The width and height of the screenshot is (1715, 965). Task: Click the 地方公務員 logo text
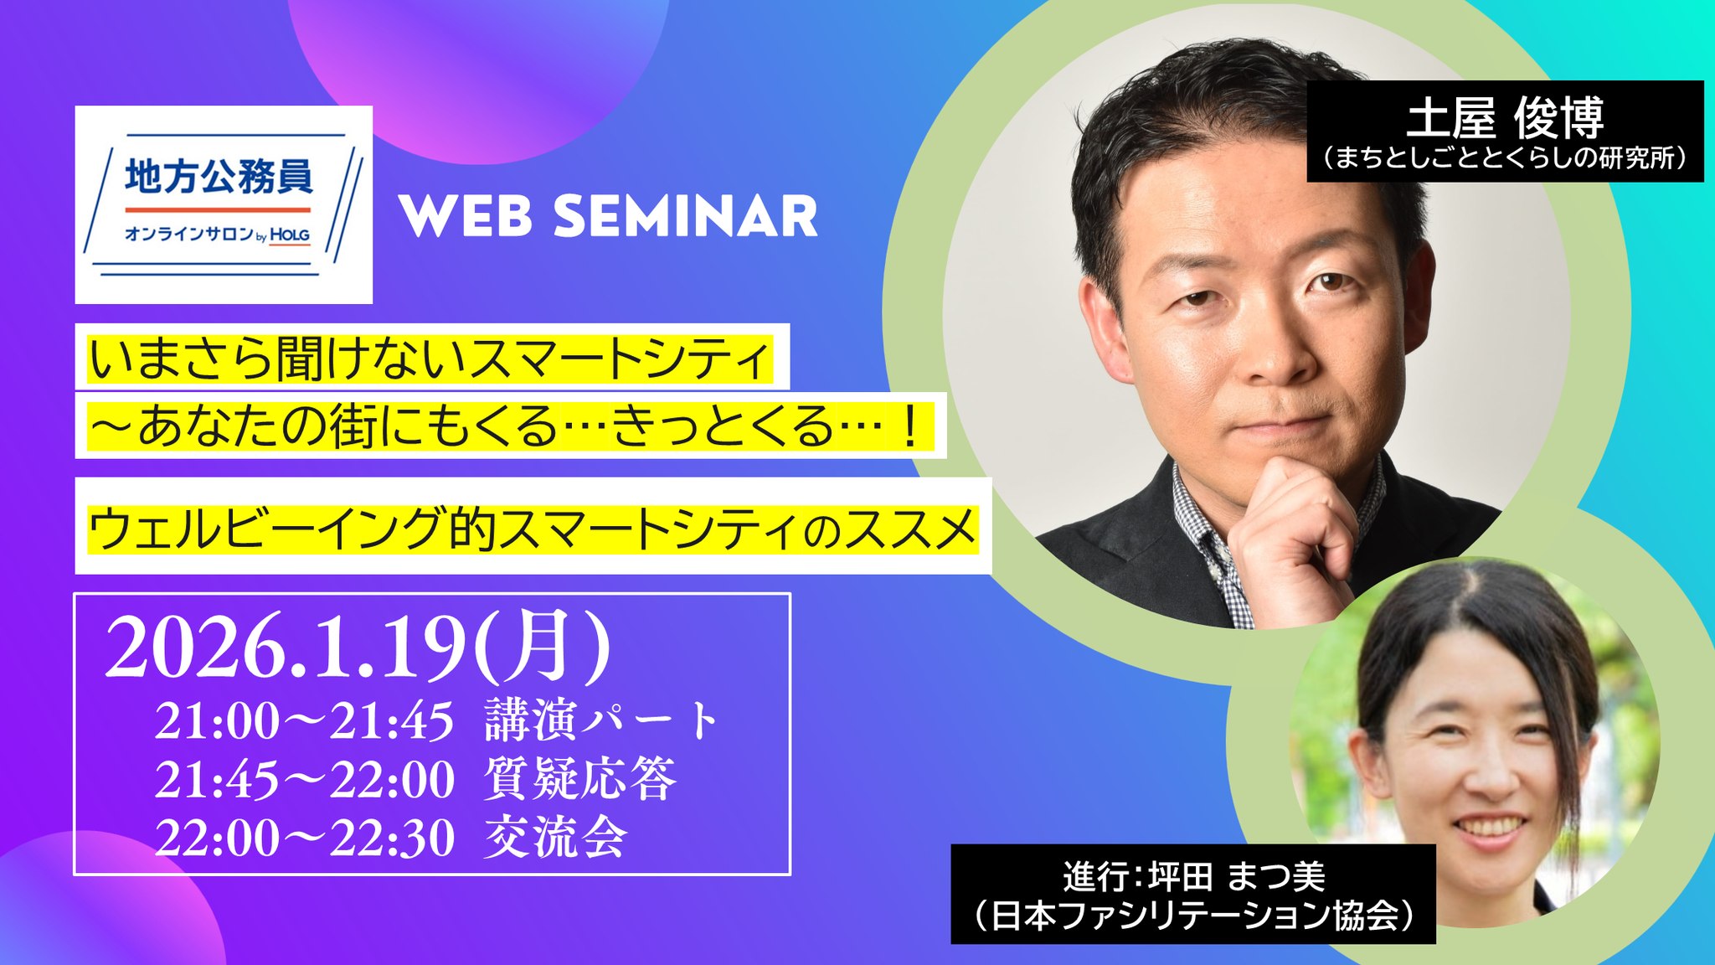[219, 178]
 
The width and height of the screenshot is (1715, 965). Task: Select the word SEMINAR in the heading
[685, 216]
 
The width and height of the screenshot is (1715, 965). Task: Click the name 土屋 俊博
[1505, 118]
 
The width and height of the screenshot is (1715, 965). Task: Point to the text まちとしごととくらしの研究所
[1505, 157]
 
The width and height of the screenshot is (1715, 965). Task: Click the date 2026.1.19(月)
[358, 646]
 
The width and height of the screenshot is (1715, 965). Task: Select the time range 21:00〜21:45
[304, 721]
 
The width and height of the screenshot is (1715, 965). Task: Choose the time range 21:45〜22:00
[304, 780]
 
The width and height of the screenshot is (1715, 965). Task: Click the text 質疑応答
[579, 779]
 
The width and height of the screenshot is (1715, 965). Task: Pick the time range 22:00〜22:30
[304, 838]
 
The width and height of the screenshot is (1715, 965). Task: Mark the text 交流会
[554, 837]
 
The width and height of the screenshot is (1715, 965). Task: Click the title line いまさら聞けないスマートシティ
[429, 358]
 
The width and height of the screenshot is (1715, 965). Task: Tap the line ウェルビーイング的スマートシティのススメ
[533, 529]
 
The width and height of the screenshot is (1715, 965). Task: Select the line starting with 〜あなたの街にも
[507, 426]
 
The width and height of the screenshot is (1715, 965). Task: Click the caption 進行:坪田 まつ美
[1194, 876]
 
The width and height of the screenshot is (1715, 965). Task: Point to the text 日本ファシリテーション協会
[1194, 916]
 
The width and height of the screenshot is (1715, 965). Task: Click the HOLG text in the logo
[290, 235]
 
